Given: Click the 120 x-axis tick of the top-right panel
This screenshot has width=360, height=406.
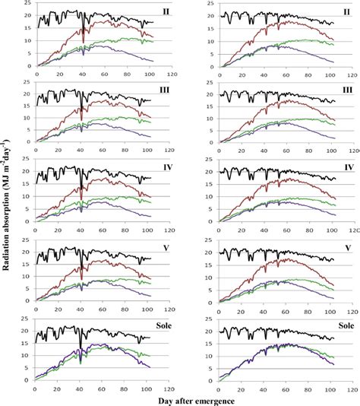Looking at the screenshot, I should (355, 76).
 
